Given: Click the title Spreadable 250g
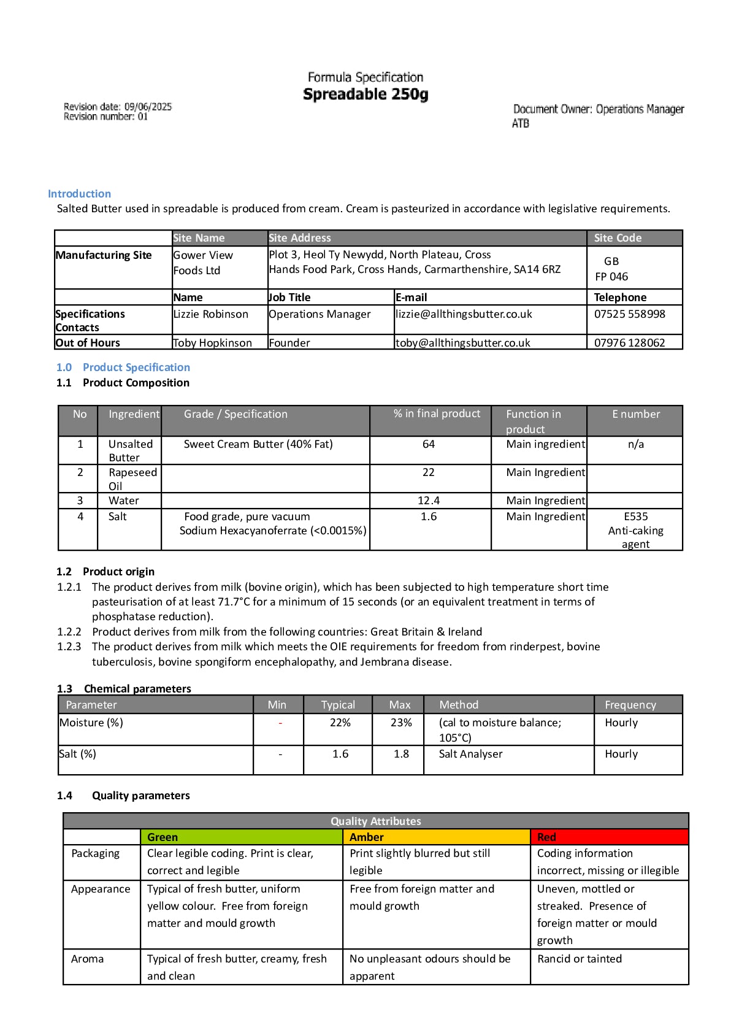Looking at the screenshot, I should coord(365,94).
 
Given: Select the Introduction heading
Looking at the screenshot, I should coord(79,194).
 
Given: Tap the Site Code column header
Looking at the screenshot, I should coord(618,238).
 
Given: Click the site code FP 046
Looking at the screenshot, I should coord(611,277).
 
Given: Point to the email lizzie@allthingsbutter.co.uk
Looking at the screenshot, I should coord(464,314).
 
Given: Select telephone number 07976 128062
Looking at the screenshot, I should coord(629,343).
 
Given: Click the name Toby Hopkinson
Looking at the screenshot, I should coord(212,343).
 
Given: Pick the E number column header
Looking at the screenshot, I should coord(636,414).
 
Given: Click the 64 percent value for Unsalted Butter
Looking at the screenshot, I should coord(429,444).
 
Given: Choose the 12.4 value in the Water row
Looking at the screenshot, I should coord(429,501).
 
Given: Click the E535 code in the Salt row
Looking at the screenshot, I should coord(636,516).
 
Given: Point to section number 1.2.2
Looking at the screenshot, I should coord(69,632).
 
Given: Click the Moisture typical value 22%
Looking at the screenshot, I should coord(340,723).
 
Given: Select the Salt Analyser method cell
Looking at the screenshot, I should coord(470,754).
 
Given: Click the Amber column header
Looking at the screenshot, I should coord(367,837).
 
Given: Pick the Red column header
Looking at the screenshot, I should coord(546,837).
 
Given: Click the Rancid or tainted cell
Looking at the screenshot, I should coord(580,959).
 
